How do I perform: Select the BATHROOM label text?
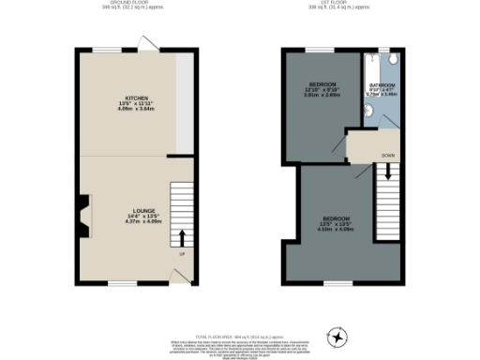[381, 84]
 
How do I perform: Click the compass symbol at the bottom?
[337, 335]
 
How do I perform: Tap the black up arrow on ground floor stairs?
[182, 236]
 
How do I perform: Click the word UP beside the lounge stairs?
[181, 252]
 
